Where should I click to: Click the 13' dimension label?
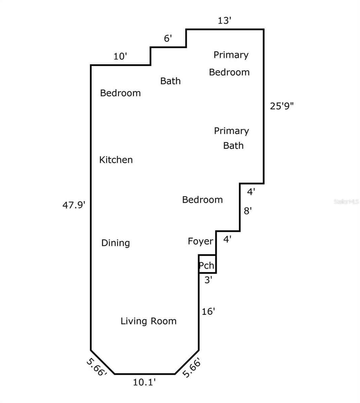pyautogui.click(x=224, y=21)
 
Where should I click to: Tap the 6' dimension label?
pyautogui.click(x=168, y=39)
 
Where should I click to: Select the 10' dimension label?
pyautogui.click(x=120, y=56)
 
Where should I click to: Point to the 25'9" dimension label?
pyautogui.click(x=282, y=106)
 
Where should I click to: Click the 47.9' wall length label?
pyautogui.click(x=74, y=205)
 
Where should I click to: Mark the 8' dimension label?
pyautogui.click(x=248, y=211)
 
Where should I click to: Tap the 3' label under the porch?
pyautogui.click(x=208, y=280)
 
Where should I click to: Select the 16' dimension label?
pyautogui.click(x=208, y=312)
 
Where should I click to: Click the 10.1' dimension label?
pyautogui.click(x=144, y=382)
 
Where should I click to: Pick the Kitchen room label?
pyautogui.click(x=116, y=160)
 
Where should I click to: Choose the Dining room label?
pyautogui.click(x=116, y=243)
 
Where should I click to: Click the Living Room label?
pyautogui.click(x=149, y=321)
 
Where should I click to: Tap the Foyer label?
pyautogui.click(x=200, y=241)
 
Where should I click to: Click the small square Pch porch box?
pyautogui.click(x=207, y=264)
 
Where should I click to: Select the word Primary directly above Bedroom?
pyautogui.click(x=231, y=55)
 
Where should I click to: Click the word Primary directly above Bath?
pyautogui.click(x=231, y=131)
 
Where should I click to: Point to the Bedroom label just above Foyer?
pyautogui.click(x=202, y=200)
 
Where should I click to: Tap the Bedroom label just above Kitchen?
pyautogui.click(x=120, y=93)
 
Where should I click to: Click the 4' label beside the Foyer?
pyautogui.click(x=228, y=240)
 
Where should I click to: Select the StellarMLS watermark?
pyautogui.click(x=346, y=201)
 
